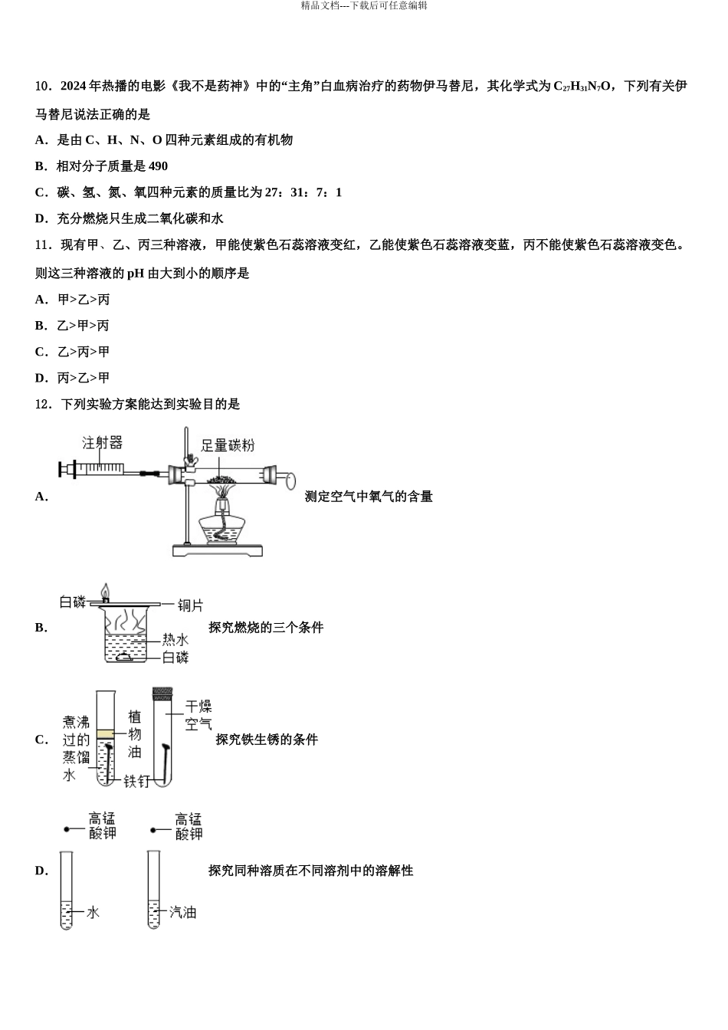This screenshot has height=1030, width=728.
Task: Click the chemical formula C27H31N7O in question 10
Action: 582,87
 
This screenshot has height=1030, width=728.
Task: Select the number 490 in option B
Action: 158,166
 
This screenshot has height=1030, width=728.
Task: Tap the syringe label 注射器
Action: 103,443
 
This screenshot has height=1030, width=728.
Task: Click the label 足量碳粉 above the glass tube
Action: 227,445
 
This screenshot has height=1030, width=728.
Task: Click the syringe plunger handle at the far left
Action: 62,470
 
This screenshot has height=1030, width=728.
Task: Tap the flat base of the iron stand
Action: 218,549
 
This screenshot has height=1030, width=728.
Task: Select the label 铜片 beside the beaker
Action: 190,605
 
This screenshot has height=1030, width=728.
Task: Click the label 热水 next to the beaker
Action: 175,639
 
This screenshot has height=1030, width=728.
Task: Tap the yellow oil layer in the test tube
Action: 105,734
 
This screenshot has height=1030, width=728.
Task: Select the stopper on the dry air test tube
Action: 162,693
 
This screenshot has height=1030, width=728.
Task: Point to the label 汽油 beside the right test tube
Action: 182,912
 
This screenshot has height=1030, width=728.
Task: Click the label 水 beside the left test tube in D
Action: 93,912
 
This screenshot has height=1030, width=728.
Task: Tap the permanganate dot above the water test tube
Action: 67,829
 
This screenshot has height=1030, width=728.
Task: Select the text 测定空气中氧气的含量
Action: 369,497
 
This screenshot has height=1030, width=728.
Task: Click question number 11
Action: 43,245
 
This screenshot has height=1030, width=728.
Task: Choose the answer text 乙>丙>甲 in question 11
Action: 83,352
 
